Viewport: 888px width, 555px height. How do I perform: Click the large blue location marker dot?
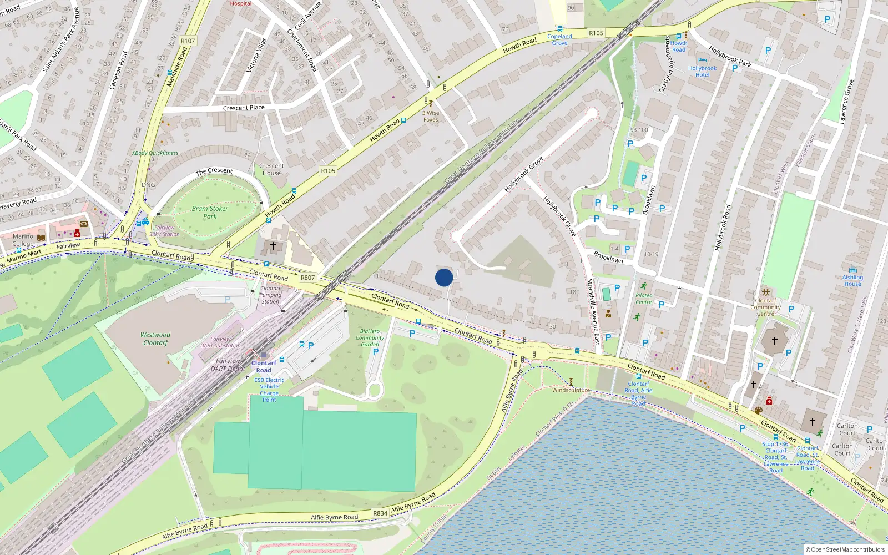click(444, 277)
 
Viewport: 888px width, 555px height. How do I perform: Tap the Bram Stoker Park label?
click(210, 213)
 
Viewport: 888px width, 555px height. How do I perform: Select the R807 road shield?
click(307, 277)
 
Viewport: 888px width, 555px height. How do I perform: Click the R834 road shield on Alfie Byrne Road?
click(380, 513)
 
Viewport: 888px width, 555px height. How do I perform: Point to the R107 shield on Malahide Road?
click(188, 41)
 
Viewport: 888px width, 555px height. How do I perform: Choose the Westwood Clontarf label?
click(155, 339)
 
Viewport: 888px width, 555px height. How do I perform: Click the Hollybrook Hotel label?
click(702, 72)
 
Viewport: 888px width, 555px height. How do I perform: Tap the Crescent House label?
click(271, 169)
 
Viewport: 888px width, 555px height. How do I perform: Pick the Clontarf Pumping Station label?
click(270, 295)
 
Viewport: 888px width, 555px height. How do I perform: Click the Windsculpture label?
click(571, 390)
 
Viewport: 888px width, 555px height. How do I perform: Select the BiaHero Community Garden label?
click(370, 337)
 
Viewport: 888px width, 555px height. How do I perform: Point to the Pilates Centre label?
click(643, 299)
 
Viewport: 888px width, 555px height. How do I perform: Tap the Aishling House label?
click(852, 280)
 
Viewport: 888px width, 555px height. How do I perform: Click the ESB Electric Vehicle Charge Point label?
click(269, 390)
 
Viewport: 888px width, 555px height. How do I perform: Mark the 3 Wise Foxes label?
click(431, 116)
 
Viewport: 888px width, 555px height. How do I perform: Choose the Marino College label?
click(23, 240)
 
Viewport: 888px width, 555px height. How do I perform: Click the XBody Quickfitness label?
click(155, 153)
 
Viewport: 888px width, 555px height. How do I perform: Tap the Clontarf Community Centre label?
click(765, 307)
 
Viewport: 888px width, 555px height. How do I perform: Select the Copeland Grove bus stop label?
click(559, 39)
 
